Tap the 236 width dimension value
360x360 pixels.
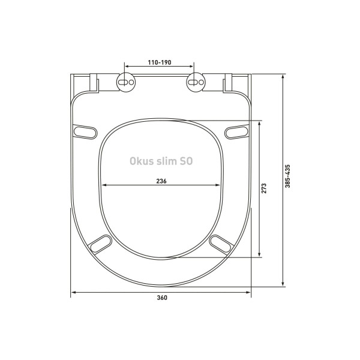click(x=161, y=181)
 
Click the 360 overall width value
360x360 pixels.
click(x=161, y=298)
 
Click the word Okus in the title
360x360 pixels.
click(x=142, y=161)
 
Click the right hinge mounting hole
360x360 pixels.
click(x=195, y=81)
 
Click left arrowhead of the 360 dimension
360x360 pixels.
click(x=73, y=292)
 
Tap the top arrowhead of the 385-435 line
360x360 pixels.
click(x=283, y=76)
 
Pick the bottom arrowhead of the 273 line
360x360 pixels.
click(x=259, y=255)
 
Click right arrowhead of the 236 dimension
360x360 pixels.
click(x=218, y=186)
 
